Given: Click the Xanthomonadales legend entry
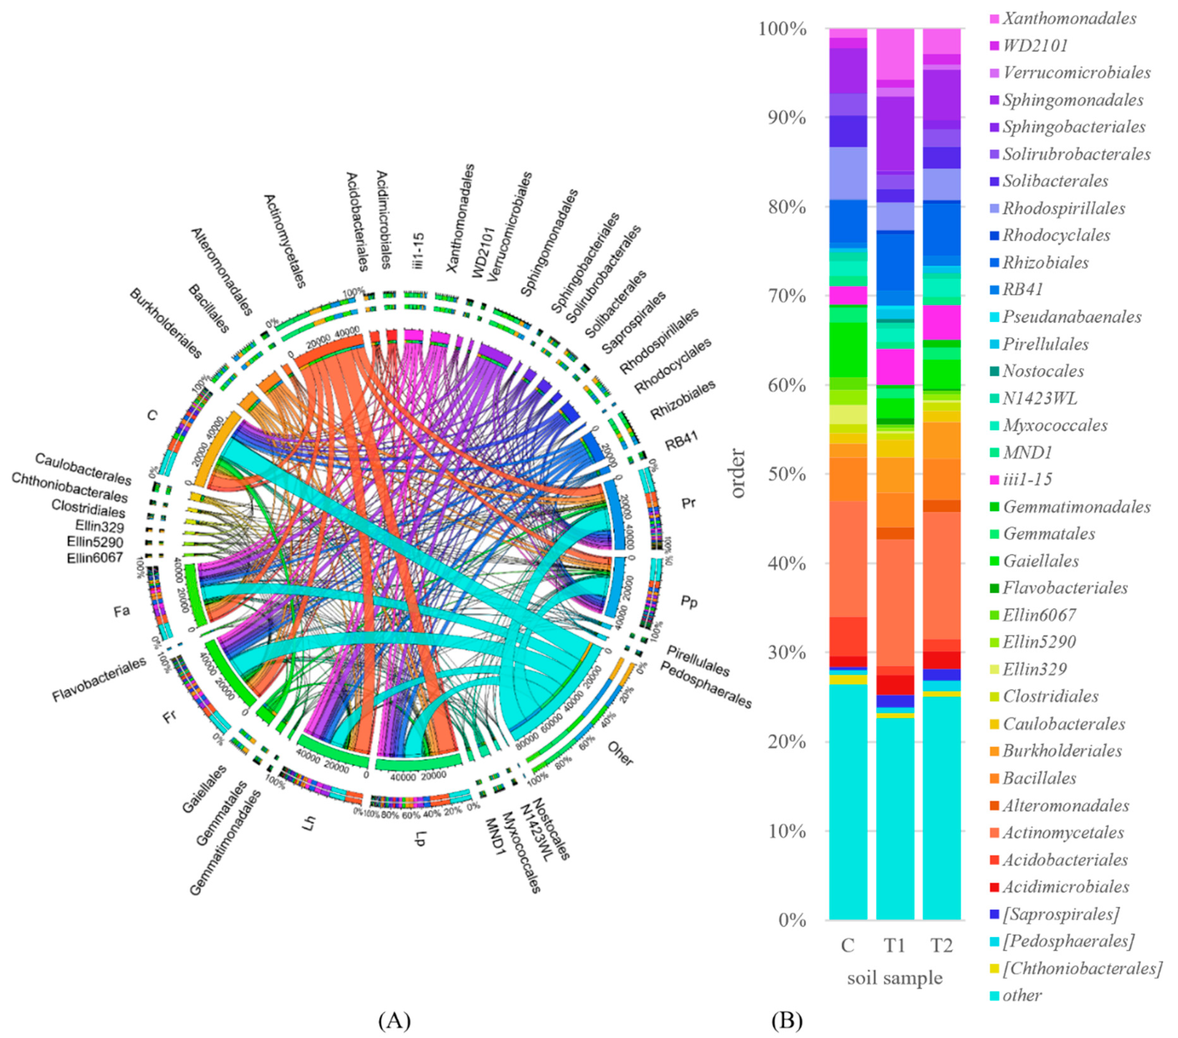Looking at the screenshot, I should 1069,18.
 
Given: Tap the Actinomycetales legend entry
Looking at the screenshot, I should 1063,833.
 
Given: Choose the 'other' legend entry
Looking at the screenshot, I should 1022,995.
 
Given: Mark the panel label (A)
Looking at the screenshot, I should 394,1020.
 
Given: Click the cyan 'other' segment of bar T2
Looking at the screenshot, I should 942,807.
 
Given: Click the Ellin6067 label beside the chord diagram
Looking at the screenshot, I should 95,557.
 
